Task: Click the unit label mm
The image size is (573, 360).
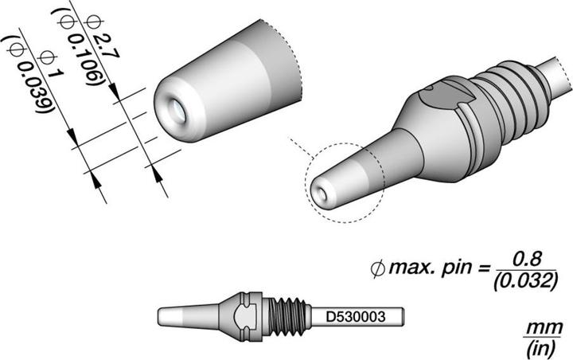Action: (x=547, y=327)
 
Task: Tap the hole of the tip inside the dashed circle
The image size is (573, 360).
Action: (x=321, y=191)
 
